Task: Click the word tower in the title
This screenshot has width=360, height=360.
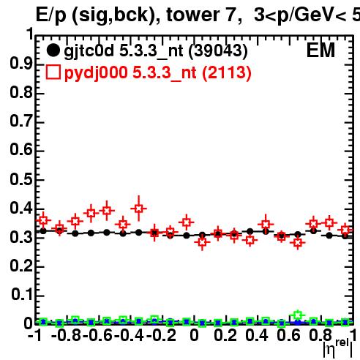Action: (194, 15)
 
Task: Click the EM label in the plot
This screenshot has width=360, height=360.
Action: (320, 50)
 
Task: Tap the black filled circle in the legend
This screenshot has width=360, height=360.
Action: (53, 50)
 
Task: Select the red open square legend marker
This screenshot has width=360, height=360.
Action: (53, 72)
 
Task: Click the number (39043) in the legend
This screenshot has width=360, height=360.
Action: (218, 51)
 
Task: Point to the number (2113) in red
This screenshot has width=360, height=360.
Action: (227, 73)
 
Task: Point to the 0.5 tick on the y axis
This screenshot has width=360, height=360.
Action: (21, 180)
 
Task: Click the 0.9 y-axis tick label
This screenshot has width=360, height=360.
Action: (21, 64)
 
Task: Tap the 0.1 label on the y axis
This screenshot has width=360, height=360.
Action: (22, 295)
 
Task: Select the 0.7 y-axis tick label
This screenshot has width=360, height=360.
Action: (21, 121)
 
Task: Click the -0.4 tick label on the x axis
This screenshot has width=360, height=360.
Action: (129, 335)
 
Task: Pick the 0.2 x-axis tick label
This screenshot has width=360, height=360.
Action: (225, 335)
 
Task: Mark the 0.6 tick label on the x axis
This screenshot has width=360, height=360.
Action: (288, 335)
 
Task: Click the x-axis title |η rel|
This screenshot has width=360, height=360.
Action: (337, 348)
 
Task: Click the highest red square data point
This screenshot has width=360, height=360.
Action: (138, 209)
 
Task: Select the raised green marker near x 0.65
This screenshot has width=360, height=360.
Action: (297, 315)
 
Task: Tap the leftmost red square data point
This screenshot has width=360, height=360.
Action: (43, 220)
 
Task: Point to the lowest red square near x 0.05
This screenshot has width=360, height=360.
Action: (202, 242)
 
